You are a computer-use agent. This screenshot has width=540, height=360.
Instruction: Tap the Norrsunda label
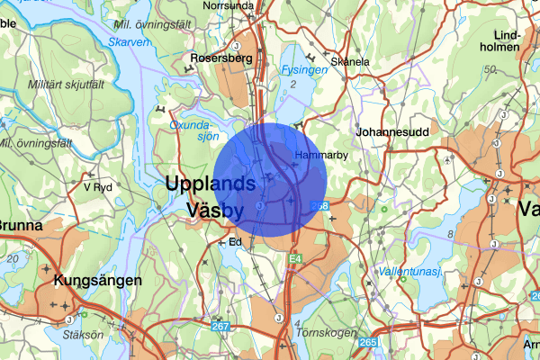point(229,5)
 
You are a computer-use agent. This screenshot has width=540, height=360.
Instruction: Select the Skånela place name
point(350,61)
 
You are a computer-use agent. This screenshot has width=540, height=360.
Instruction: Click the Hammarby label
point(315,155)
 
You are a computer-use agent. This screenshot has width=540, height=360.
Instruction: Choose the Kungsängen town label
point(98,280)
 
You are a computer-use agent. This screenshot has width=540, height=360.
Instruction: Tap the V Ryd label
point(97,187)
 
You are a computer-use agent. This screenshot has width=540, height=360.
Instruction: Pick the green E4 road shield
point(293,259)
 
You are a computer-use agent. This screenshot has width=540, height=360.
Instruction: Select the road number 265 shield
point(367,342)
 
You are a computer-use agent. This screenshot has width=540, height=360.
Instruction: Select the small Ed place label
point(236,242)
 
